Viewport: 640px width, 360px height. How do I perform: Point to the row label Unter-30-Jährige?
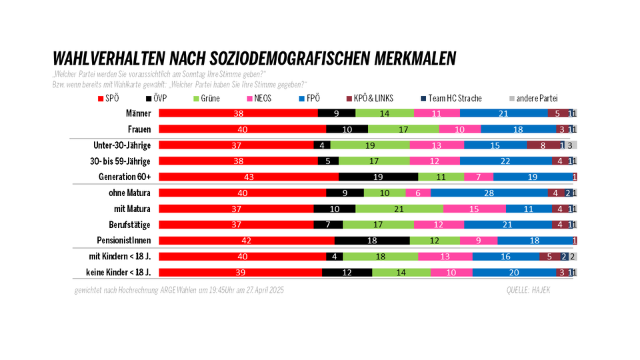[x=121, y=145]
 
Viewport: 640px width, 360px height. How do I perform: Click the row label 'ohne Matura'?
[x=130, y=193]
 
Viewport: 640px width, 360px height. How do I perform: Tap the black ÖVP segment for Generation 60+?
[x=379, y=177]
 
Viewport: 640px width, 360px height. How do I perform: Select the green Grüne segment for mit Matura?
[x=399, y=209]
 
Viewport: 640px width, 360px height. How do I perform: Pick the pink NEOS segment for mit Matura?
[x=473, y=209]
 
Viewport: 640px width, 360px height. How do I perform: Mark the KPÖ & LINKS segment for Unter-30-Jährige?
[x=543, y=145]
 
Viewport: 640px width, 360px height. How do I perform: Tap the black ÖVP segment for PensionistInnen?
[x=372, y=240]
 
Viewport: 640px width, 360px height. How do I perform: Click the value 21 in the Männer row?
[x=504, y=113]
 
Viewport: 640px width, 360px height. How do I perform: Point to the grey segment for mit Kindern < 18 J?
[x=572, y=256]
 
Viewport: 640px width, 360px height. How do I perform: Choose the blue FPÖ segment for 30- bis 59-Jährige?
[x=505, y=161]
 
